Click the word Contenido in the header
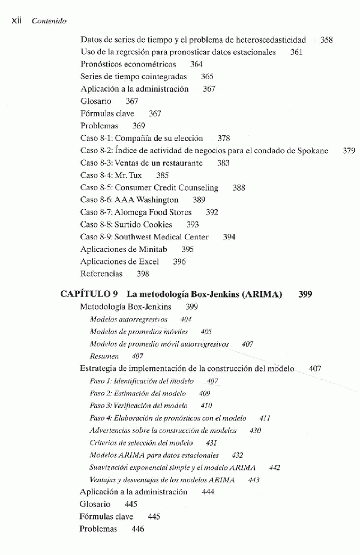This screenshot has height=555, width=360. tap(49, 20)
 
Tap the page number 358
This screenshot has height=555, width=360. tap(326, 40)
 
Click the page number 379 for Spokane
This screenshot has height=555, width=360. tap(349, 151)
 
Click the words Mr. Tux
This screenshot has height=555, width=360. tap(128, 175)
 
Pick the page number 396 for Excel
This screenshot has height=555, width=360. tap(179, 262)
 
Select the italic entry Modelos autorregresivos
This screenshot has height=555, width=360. tap(128, 319)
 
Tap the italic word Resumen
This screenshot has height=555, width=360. tap(104, 356)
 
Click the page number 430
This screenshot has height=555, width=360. tap(255, 430)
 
